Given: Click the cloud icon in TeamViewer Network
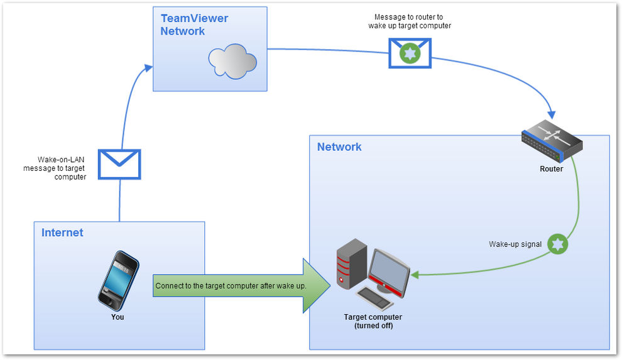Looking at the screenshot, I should pyautogui.click(x=232, y=61).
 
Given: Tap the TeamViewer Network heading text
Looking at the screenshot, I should pyautogui.click(x=194, y=25).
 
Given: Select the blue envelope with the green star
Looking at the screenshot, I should pyautogui.click(x=410, y=53).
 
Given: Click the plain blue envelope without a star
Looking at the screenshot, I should pyautogui.click(x=119, y=164).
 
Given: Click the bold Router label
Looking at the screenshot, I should pyautogui.click(x=551, y=169).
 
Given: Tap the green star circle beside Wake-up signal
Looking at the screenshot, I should pyautogui.click(x=558, y=244).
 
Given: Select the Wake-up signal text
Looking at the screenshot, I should pyautogui.click(x=515, y=244).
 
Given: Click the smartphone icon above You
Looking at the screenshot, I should pyautogui.click(x=117, y=280).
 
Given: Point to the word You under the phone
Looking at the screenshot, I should pyautogui.click(x=117, y=317).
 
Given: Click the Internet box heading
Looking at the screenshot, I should pyautogui.click(x=62, y=233).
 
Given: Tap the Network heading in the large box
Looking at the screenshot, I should pyautogui.click(x=339, y=147).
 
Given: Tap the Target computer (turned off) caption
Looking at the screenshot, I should pyautogui.click(x=373, y=321).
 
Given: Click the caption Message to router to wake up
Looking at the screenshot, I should pyautogui.click(x=410, y=21).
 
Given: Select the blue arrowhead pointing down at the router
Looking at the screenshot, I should pyautogui.click(x=551, y=114).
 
